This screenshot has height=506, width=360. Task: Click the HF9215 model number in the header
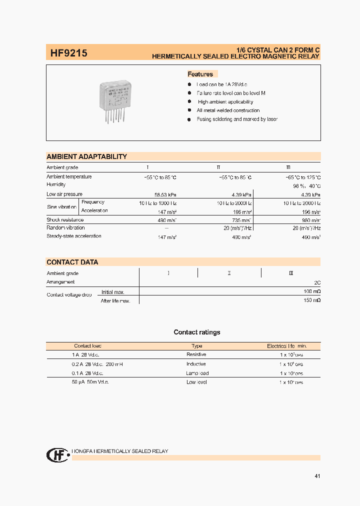tap(68, 52)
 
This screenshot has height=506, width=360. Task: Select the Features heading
tap(200, 74)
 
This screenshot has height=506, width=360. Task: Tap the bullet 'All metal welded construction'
tap(228, 110)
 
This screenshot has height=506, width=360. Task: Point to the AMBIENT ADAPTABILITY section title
tap(86, 156)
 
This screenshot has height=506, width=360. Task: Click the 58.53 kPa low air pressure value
tap(165, 194)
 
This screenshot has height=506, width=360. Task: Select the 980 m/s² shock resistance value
tap(310, 220)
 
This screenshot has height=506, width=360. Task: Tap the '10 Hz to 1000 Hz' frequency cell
tap(157, 202)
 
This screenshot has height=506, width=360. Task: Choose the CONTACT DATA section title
tap(72, 262)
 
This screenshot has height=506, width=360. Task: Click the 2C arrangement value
tap(317, 282)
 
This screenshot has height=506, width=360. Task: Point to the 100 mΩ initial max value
tap(312, 291)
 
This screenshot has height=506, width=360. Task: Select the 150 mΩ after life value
tap(312, 300)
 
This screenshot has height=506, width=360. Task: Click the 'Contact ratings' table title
tap(196, 332)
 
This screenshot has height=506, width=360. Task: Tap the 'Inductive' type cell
tap(196, 364)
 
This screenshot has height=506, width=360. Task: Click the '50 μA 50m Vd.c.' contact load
tap(90, 382)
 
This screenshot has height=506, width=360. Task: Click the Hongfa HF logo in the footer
tap(57, 454)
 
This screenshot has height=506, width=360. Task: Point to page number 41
tap(317, 476)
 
